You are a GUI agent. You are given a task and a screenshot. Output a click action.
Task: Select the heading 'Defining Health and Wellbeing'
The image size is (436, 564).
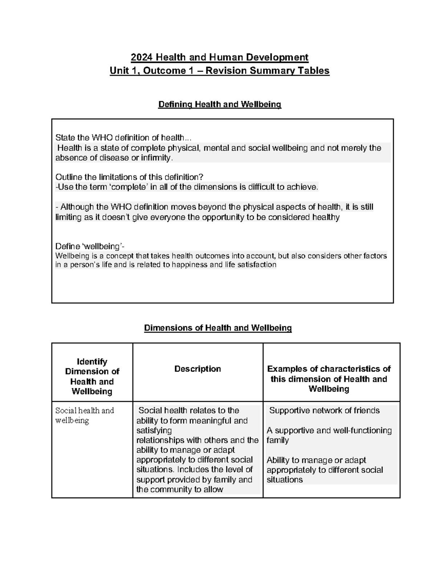219,105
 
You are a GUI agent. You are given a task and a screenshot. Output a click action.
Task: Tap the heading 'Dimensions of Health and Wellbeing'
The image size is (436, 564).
218,328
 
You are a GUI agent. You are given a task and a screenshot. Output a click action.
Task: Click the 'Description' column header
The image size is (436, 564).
198,369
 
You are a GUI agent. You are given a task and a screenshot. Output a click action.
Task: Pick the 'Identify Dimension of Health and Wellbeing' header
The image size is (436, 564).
92,377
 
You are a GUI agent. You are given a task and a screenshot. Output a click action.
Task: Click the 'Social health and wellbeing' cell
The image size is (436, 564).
84,415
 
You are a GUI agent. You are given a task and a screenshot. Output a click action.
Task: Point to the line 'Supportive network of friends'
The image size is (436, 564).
324,411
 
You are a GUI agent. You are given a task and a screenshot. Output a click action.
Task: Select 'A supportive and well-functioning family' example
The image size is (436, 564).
329,435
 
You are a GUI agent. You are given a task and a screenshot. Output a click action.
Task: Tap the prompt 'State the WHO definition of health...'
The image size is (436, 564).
123,138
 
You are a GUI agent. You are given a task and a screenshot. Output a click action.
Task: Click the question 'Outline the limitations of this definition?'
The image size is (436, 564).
129,177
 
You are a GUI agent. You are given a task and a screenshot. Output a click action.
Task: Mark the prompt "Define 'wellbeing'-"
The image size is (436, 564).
90,247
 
